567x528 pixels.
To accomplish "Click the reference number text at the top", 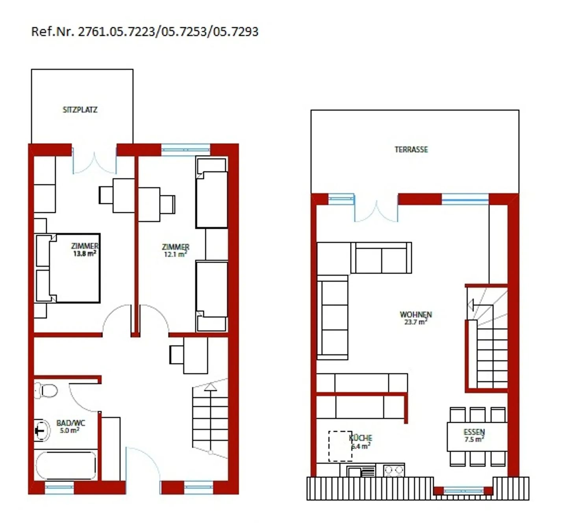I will [145, 31].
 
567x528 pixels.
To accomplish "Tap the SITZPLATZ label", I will [80, 110].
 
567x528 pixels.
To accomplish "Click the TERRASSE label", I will [411, 150].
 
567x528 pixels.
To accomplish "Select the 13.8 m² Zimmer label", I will [85, 250].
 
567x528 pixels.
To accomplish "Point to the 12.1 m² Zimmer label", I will [176, 250].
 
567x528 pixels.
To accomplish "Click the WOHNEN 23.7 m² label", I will [416, 318].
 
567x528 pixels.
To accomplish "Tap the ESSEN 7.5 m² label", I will [474, 435].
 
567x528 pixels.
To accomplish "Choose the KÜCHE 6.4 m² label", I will [361, 442].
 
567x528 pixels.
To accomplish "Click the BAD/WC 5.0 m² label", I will [70, 426].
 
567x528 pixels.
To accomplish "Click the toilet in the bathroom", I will [46, 391].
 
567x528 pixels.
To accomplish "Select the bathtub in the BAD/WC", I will [66, 465].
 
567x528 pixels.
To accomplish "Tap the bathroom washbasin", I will [41, 430].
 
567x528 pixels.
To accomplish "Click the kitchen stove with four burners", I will [394, 470].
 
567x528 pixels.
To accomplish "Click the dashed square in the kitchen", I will [340, 446].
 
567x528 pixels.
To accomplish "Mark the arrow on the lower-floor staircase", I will [211, 387].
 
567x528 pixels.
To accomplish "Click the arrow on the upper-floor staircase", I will [471, 305].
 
